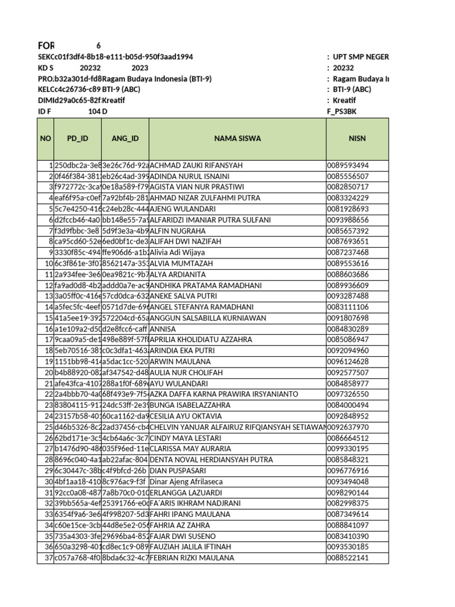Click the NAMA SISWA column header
pyautogui.click(x=238, y=139)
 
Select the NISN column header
pyautogui.click(x=358, y=139)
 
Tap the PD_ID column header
pyautogui.click(x=77, y=139)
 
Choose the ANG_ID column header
pyautogui.click(x=125, y=139)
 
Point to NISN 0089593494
pyautogui.click(x=348, y=165)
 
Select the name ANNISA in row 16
pyautogui.click(x=165, y=329)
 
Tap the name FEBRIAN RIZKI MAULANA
pyautogui.click(x=192, y=558)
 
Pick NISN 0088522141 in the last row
pyautogui.click(x=348, y=558)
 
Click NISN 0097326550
pyautogui.click(x=348, y=394)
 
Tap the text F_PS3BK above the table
pyautogui.click(x=342, y=111)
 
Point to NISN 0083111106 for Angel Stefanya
pyautogui.click(x=348, y=307)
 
